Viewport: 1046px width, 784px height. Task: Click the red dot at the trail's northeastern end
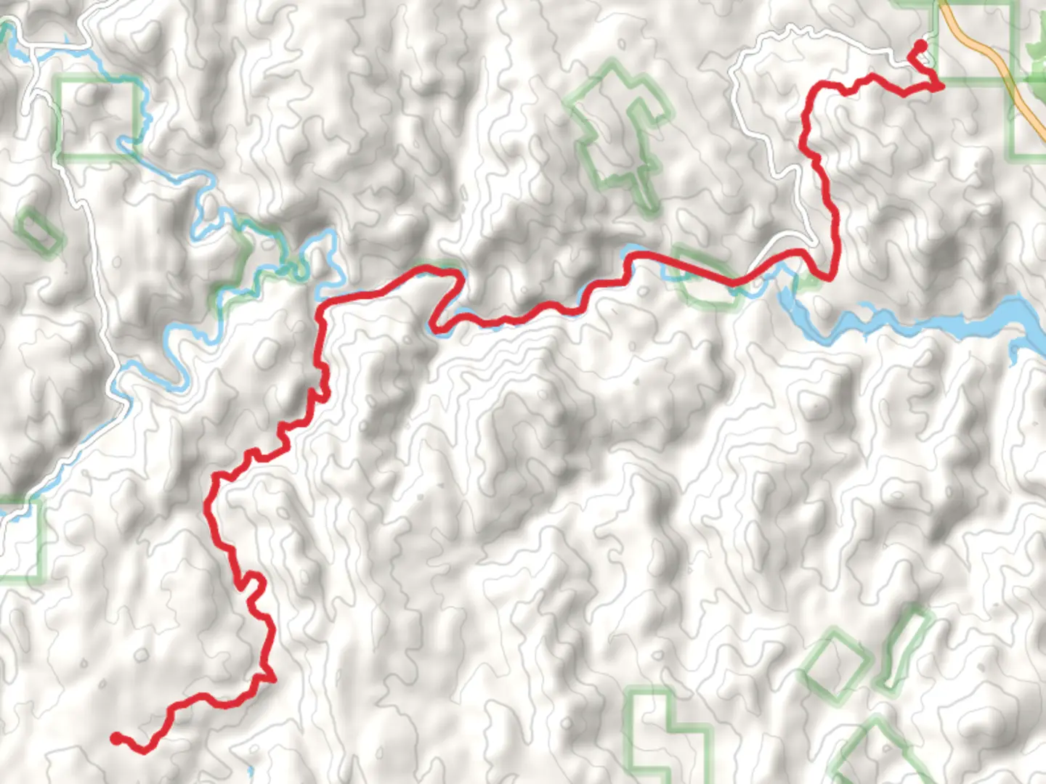tap(920, 46)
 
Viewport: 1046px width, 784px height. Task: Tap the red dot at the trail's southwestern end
tap(116, 738)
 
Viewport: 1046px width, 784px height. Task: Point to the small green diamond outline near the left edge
tap(38, 232)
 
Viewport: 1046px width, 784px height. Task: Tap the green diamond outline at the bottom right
tap(835, 664)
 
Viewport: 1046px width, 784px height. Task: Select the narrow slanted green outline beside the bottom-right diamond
tap(904, 650)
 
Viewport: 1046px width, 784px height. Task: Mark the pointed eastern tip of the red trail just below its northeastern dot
tap(941, 86)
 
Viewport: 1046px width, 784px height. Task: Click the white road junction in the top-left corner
tap(33, 49)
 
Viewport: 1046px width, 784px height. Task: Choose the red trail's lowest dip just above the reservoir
tap(828, 277)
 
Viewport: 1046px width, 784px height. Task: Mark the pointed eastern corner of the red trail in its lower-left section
tap(272, 679)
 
